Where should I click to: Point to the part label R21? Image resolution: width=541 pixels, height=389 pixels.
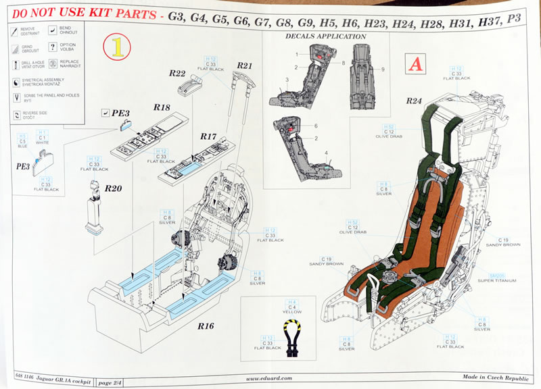[x=244, y=65]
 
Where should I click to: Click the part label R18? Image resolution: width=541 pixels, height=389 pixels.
[x=161, y=107]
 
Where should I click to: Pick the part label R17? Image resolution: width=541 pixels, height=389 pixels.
[x=208, y=136]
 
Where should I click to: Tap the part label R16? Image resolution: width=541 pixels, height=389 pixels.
[x=206, y=326]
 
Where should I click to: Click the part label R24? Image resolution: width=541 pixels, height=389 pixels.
[x=414, y=101]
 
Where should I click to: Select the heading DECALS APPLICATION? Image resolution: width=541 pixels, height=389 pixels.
[x=326, y=36]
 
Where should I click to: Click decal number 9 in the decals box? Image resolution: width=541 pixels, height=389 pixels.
[x=383, y=70]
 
